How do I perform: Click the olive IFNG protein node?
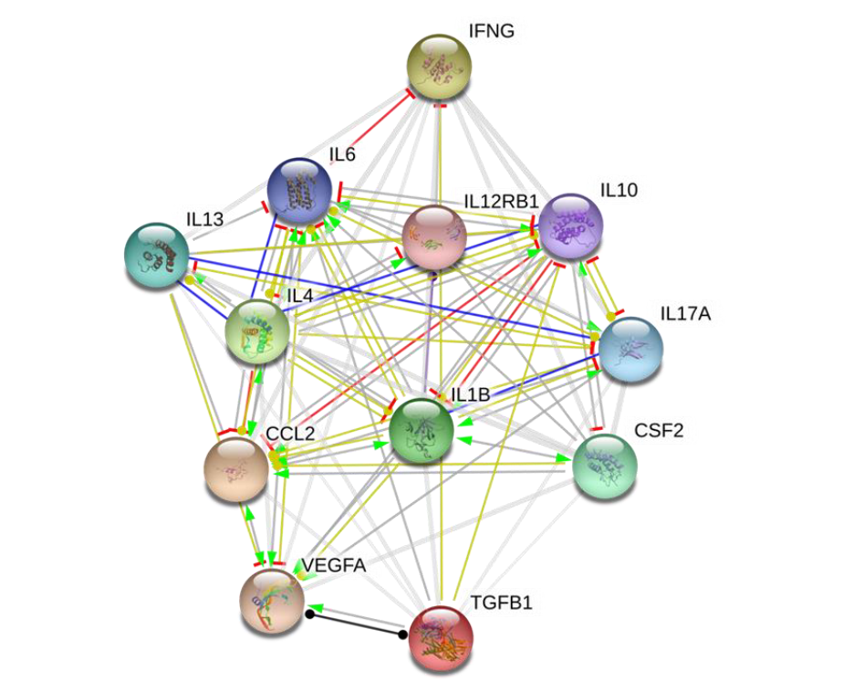click(440, 68)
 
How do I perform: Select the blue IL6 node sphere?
click(299, 191)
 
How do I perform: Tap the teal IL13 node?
click(157, 257)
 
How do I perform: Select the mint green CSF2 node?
click(604, 466)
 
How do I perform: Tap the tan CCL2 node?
click(236, 469)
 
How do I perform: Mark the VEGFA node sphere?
click(273, 602)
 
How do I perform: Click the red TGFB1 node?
click(442, 638)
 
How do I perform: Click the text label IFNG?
click(492, 32)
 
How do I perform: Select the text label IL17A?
click(685, 315)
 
